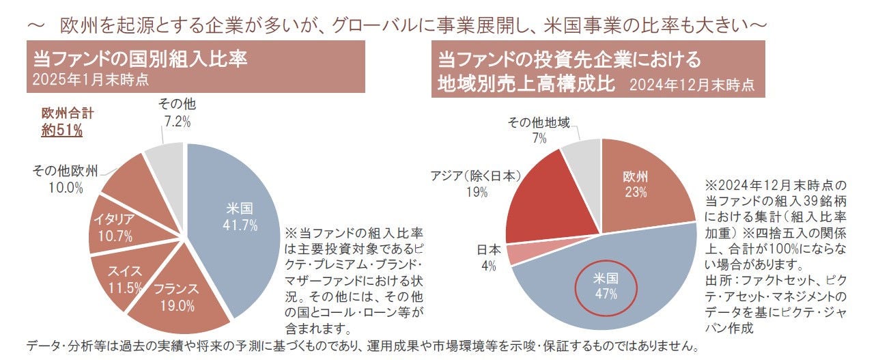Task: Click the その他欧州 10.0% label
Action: (66, 178)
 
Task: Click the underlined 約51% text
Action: (61, 130)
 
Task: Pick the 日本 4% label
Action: (487, 257)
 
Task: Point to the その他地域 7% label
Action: (539, 129)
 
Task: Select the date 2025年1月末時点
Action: (91, 79)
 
